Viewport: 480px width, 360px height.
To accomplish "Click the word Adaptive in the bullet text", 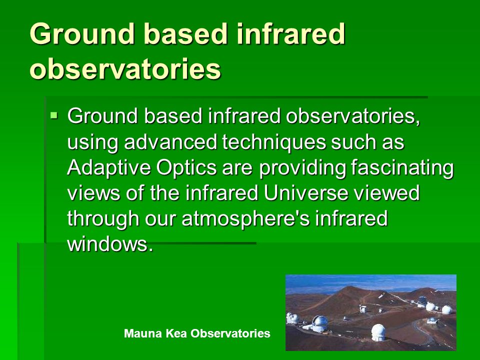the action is point(108,168).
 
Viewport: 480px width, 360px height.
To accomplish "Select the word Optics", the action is point(186,168).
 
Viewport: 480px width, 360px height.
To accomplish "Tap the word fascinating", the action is point(402,168).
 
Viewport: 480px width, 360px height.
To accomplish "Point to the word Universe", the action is point(305,193).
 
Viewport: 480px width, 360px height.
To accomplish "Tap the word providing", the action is point(302,168).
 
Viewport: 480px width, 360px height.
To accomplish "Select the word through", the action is point(103,219).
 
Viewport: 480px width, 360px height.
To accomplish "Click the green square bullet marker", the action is point(54,115).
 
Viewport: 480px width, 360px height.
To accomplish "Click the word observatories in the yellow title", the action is point(125,68).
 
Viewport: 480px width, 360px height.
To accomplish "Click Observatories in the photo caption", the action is point(230,333).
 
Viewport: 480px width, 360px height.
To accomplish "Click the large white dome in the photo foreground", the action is point(378,332).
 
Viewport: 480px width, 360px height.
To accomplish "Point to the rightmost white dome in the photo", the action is point(446,309).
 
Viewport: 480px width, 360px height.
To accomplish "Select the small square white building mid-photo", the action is point(363,309).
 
